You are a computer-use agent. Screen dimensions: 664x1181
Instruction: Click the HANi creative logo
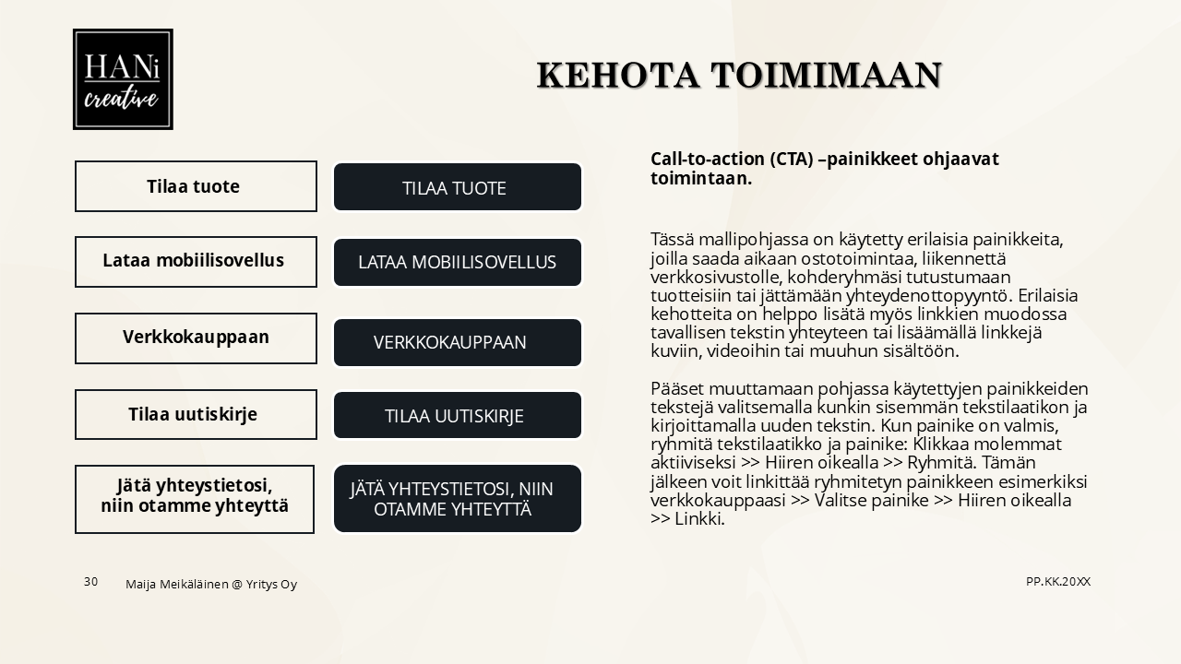pos(123,79)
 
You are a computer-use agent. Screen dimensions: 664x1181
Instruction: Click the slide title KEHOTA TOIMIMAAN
pos(739,75)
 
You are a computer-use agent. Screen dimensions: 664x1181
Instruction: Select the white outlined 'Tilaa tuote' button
pos(196,186)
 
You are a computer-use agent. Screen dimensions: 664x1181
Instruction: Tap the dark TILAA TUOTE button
pos(458,187)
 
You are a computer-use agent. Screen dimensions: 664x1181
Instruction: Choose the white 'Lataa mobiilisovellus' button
pos(196,261)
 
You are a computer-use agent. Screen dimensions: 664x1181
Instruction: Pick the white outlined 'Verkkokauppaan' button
pos(196,338)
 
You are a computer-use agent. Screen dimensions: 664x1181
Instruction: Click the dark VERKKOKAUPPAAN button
pos(458,342)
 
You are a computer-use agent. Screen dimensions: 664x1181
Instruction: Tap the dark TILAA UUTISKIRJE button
pos(458,416)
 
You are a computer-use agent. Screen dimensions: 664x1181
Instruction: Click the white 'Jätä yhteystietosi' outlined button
pos(195,499)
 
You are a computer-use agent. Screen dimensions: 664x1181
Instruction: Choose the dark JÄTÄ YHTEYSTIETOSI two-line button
pos(458,499)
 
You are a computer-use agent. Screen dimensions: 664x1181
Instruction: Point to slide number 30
pos(90,581)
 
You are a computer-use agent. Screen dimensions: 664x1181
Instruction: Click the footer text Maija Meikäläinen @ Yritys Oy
pos(211,584)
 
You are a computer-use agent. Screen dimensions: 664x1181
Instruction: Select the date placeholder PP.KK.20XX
pos(1058,581)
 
